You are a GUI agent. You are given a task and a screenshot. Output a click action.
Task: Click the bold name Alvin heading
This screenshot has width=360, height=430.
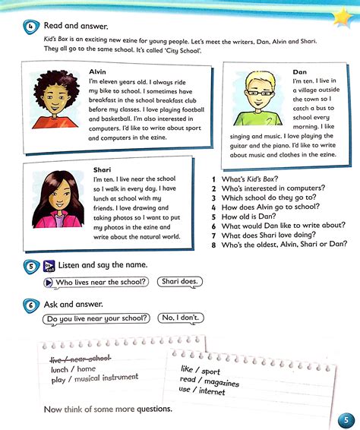98,71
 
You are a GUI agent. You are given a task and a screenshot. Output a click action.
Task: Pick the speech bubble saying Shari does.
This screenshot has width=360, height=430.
180,282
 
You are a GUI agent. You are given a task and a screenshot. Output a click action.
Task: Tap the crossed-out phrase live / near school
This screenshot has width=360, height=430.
80,357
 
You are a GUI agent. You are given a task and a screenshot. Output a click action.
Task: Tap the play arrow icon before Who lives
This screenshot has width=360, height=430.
49,282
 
